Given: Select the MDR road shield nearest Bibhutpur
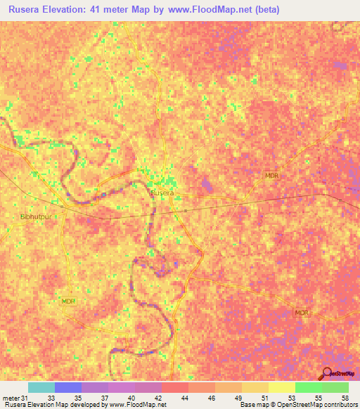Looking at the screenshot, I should coord(68,301).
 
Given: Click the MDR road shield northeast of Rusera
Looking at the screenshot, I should coord(272,176).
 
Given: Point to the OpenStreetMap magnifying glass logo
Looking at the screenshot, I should coord(327,373).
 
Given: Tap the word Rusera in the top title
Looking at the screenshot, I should coord(26,10).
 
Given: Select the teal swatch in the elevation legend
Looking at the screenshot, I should coord(41,387).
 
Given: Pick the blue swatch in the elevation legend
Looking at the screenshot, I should coord(67,387).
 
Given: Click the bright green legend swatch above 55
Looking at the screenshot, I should coord(308,387).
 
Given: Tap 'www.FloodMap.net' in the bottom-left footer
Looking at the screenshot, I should coord(138,405).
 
